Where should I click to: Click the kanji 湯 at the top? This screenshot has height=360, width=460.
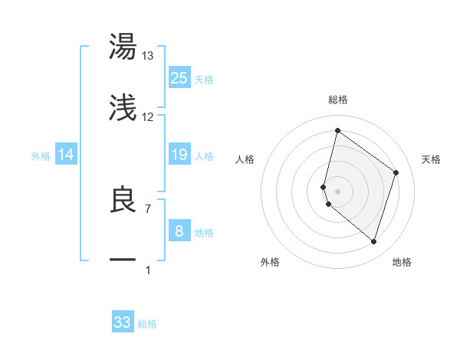(x=123, y=47)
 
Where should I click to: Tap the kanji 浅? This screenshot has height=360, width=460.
(x=123, y=109)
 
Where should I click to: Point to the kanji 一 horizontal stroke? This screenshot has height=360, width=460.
(x=123, y=261)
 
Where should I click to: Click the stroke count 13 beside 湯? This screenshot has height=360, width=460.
(x=148, y=56)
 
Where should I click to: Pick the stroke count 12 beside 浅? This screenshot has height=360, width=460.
(x=148, y=117)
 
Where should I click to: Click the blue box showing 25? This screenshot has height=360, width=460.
(x=179, y=78)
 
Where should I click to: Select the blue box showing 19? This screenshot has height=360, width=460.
(x=179, y=155)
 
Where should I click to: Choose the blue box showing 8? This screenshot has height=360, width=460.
(x=179, y=231)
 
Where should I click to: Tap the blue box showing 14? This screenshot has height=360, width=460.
(x=66, y=155)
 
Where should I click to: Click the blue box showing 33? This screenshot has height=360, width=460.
(x=123, y=322)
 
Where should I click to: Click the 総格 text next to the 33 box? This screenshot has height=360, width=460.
(x=148, y=324)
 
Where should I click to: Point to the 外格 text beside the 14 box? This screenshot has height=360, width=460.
(x=41, y=156)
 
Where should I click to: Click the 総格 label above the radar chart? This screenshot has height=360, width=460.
(x=338, y=100)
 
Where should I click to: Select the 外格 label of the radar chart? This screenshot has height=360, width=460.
(x=270, y=263)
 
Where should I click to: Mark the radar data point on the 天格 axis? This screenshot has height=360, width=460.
(x=396, y=172)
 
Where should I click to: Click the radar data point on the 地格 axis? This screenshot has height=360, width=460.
(x=373, y=242)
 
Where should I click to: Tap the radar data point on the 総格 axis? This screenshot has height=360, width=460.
(x=337, y=131)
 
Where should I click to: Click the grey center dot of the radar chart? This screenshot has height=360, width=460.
(x=338, y=191)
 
